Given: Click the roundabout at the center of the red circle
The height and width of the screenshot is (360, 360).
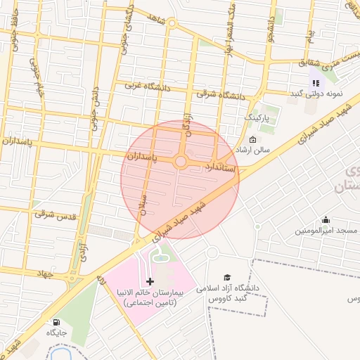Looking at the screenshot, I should tap(181, 162).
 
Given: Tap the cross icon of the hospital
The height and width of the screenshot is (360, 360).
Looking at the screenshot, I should tap(150, 281).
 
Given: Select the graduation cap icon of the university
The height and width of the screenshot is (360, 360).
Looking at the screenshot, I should tap(227, 278).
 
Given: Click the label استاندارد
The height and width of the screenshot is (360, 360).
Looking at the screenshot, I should tap(224, 168).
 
